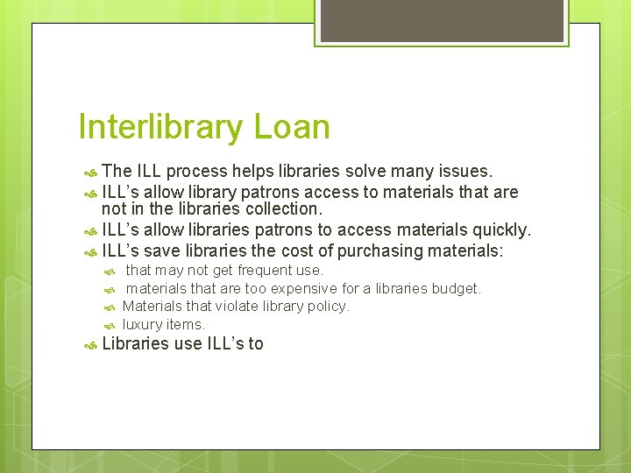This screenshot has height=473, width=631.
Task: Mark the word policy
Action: tap(328, 307)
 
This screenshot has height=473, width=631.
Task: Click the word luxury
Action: tap(142, 324)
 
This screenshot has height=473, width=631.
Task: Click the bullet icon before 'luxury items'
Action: tap(110, 325)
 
